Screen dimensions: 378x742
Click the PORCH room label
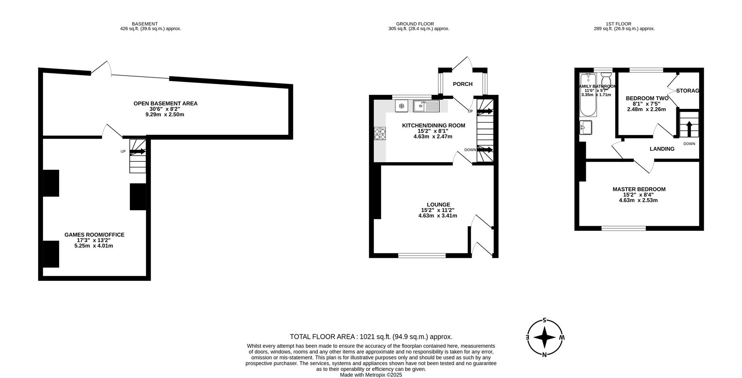pyautogui.click(x=463, y=84)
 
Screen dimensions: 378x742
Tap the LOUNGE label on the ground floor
pyautogui.click(x=438, y=205)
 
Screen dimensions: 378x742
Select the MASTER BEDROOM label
pyautogui.click(x=639, y=189)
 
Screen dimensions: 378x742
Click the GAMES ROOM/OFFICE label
pyautogui.click(x=94, y=235)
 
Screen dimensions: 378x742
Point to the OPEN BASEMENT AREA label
pyautogui.click(x=165, y=103)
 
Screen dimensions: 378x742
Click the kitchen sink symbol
pyautogui.click(x=426, y=106)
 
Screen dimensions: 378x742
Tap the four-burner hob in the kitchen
pyautogui.click(x=380, y=134)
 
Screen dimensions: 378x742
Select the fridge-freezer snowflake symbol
pyautogui.click(x=402, y=106)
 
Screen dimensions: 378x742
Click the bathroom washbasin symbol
pyautogui.click(x=586, y=128)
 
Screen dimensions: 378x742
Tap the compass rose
pyautogui.click(x=545, y=337)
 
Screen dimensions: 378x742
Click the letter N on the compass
pyautogui.click(x=545, y=355)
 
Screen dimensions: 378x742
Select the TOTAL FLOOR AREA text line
pyautogui.click(x=371, y=337)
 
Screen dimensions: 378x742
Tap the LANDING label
pyautogui.click(x=662, y=149)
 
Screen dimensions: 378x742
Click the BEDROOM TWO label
pyautogui.click(x=647, y=98)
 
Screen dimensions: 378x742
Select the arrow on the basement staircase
pyautogui.click(x=138, y=152)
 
